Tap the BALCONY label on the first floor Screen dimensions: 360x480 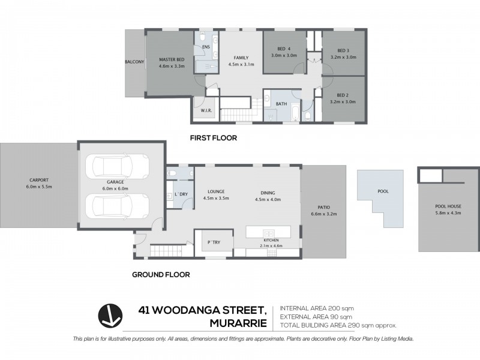pos(134,62)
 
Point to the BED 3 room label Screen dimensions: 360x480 pos(343,50)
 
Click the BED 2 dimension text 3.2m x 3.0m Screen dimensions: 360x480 pos(343,102)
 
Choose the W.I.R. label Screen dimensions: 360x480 pos(206,111)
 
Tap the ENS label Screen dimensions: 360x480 pos(206,46)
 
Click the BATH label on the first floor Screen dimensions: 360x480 pos(281,104)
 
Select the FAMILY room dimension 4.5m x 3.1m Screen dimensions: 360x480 pos(241,65)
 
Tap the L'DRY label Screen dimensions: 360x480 pos(182,193)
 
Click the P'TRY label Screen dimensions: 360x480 pos(213,242)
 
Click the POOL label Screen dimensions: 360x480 pos(383,192)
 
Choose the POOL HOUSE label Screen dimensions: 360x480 pos(448,206)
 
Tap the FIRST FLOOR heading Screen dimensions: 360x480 pos(213,138)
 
